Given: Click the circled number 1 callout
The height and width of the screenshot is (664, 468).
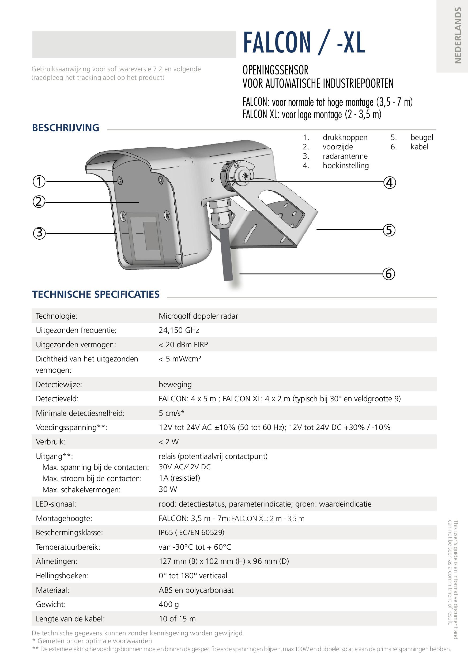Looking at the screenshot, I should [39, 181].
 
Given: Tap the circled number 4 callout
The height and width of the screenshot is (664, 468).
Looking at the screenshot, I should [389, 183].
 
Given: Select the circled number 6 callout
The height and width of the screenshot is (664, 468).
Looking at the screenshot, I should [389, 274].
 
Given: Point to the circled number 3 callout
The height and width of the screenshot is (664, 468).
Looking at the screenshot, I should [39, 233].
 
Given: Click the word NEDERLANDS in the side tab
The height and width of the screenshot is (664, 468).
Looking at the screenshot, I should [458, 35].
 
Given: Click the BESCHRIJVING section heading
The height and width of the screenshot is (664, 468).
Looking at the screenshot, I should [66, 128].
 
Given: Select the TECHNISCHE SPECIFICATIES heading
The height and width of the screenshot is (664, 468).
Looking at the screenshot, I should [96, 295].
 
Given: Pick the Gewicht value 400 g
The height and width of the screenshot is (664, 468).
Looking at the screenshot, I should [169, 604].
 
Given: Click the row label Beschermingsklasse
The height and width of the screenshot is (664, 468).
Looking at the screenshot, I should [69, 533].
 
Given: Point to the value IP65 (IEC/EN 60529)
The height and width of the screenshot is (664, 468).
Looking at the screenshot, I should [191, 533].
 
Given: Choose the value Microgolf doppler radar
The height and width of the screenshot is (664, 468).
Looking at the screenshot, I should [198, 316].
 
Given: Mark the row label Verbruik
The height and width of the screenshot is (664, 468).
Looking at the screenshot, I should [51, 442].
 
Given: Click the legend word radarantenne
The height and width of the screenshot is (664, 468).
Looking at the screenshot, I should [345, 156].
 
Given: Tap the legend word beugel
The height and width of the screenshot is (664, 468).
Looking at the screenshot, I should [422, 138].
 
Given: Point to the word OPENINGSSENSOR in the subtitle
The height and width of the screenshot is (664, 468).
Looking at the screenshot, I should [275, 70].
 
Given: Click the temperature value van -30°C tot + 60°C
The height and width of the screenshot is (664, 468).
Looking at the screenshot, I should [195, 547].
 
